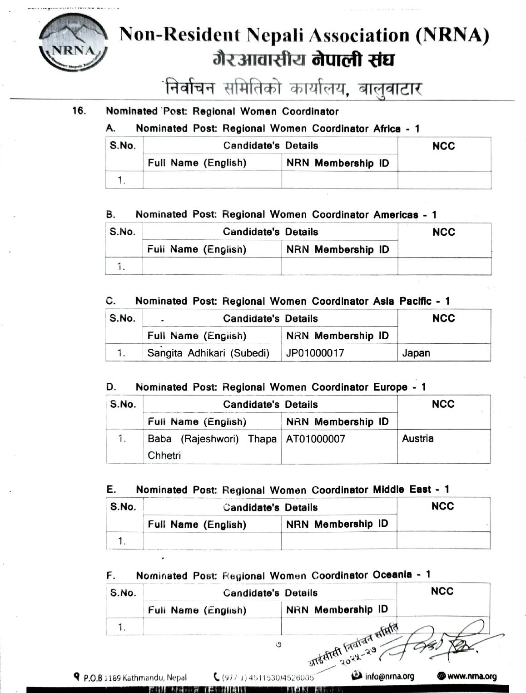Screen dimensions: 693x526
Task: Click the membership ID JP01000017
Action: [315, 353]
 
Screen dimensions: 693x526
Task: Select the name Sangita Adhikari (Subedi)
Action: [208, 353]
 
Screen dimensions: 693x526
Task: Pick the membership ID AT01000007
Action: [316, 439]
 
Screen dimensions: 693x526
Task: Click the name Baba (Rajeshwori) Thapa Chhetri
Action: [212, 447]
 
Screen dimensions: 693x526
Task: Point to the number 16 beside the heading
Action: [79, 110]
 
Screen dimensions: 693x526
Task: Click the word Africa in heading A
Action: [387, 129]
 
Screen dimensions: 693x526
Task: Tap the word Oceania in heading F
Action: [392, 575]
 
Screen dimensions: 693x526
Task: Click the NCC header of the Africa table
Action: [444, 146]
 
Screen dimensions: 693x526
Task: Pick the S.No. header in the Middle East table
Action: [123, 507]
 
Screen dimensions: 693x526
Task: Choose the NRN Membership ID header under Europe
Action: [337, 422]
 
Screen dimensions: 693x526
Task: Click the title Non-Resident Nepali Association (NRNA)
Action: [304, 35]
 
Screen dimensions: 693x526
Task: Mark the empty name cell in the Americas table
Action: [212, 267]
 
